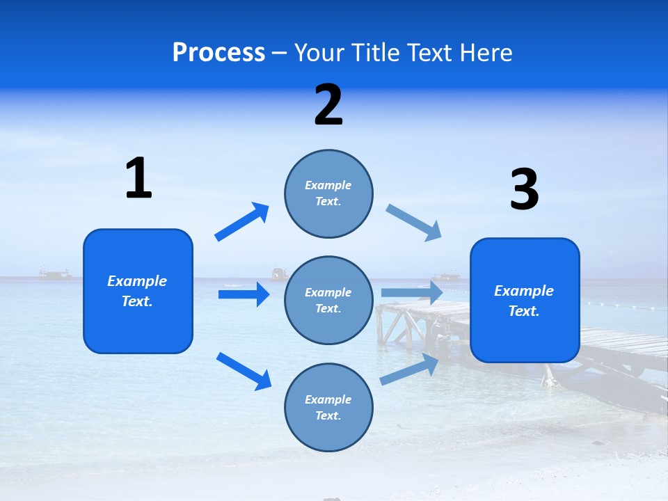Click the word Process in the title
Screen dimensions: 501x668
[218, 52]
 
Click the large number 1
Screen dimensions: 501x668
[138, 178]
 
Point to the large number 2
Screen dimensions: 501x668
[328, 105]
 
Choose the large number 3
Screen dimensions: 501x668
[524, 190]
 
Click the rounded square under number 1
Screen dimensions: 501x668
[138, 291]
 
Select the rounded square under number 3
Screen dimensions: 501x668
[525, 300]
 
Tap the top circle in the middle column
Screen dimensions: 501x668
[328, 193]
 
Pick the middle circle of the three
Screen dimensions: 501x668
[328, 300]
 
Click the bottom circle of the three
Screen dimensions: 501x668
[328, 407]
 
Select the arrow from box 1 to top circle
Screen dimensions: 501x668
[242, 222]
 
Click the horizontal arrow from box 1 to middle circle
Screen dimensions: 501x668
[244, 294]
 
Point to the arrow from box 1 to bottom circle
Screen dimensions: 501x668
[244, 370]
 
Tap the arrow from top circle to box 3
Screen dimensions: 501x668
[413, 223]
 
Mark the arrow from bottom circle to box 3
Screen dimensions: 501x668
[410, 369]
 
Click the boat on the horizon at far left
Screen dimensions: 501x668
[55, 273]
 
